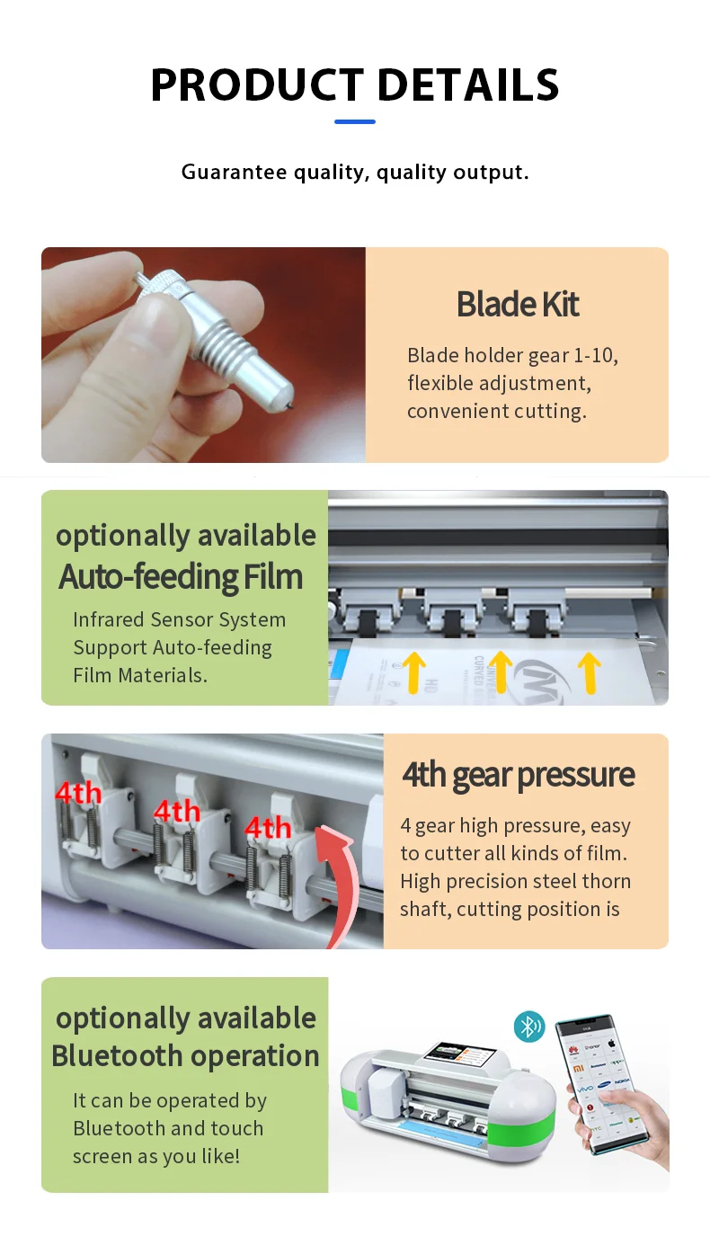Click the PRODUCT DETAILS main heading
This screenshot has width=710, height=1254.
355,84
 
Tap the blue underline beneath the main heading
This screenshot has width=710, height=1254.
355,121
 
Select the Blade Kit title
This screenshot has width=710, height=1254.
518,305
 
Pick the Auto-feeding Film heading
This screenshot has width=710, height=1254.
181,576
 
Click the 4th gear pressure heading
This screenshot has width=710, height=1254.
519,775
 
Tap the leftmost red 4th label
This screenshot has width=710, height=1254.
78,794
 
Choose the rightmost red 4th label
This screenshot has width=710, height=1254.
268,827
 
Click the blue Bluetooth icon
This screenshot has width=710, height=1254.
529,1027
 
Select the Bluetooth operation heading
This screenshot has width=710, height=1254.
185,1055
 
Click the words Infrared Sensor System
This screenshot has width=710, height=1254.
180,620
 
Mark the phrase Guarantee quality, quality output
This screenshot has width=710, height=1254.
355,172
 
